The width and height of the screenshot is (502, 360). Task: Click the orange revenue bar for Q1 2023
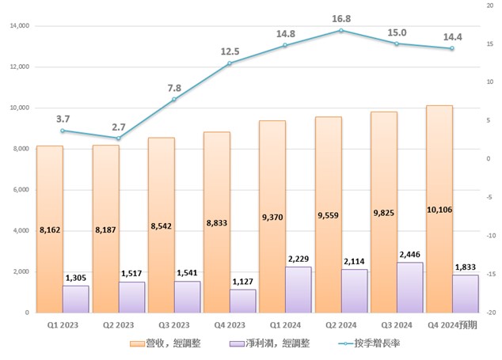pyautogui.click(x=49, y=229)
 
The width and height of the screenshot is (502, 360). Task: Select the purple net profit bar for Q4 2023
pyautogui.click(x=243, y=301)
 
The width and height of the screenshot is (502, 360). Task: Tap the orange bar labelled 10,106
pyautogui.click(x=439, y=209)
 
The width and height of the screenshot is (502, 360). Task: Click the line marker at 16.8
pyautogui.click(x=340, y=31)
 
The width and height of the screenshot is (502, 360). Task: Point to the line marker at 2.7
pyautogui.click(x=118, y=138)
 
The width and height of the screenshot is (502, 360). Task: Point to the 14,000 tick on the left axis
pyautogui.click(x=17, y=26)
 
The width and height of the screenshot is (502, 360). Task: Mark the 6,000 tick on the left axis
pyautogui.click(x=20, y=190)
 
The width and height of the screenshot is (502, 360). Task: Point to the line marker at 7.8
pyautogui.click(x=174, y=100)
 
